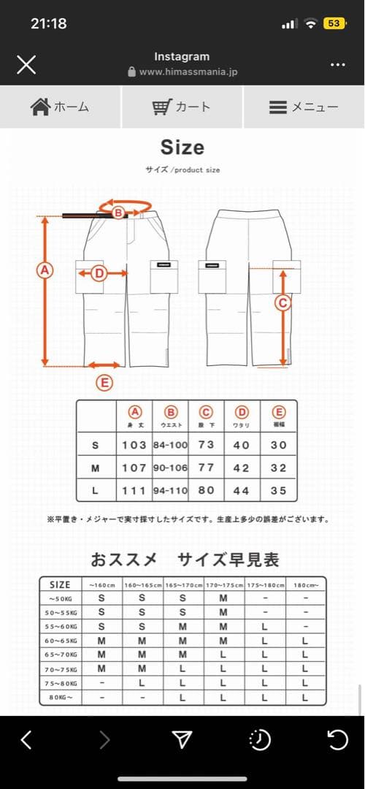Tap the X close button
(26, 64)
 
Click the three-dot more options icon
(337, 64)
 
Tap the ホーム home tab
(61, 107)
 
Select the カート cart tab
(182, 107)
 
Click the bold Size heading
(182, 147)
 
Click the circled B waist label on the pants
(118, 212)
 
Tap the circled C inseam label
(282, 302)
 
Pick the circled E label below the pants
(105, 382)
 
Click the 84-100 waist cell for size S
(170, 445)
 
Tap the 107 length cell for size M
(134, 468)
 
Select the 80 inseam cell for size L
(207, 490)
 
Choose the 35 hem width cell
(278, 490)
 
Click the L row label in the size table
(96, 490)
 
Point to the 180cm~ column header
(305, 584)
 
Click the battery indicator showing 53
(334, 23)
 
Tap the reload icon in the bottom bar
(337, 740)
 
